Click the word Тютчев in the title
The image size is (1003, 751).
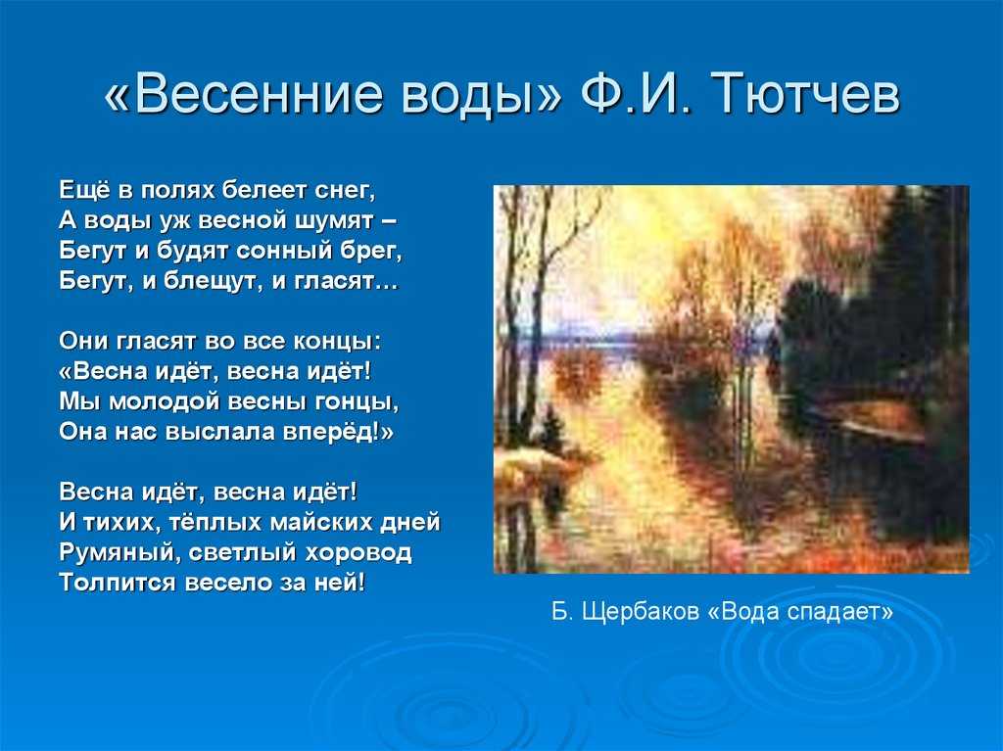[x=805, y=93]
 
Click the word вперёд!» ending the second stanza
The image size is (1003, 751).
[x=338, y=432]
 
